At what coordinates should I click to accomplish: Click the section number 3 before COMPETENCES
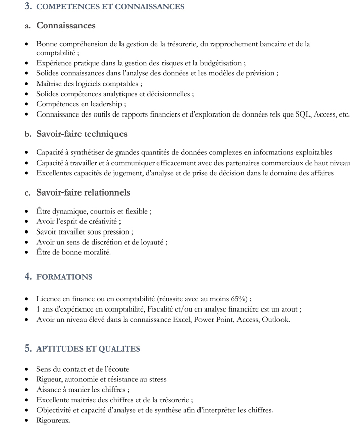tap(28, 7)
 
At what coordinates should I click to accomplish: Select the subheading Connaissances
tap(66, 25)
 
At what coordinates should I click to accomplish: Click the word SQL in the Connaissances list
tap(302, 114)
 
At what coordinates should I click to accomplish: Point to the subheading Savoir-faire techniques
tap(82, 134)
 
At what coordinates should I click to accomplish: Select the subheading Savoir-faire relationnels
tap(83, 192)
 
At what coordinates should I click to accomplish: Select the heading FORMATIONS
tap(64, 277)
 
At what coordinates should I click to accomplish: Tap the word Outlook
tap(276, 319)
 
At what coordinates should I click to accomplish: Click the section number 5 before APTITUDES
tap(28, 348)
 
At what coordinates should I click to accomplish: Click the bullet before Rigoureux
tap(26, 420)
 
